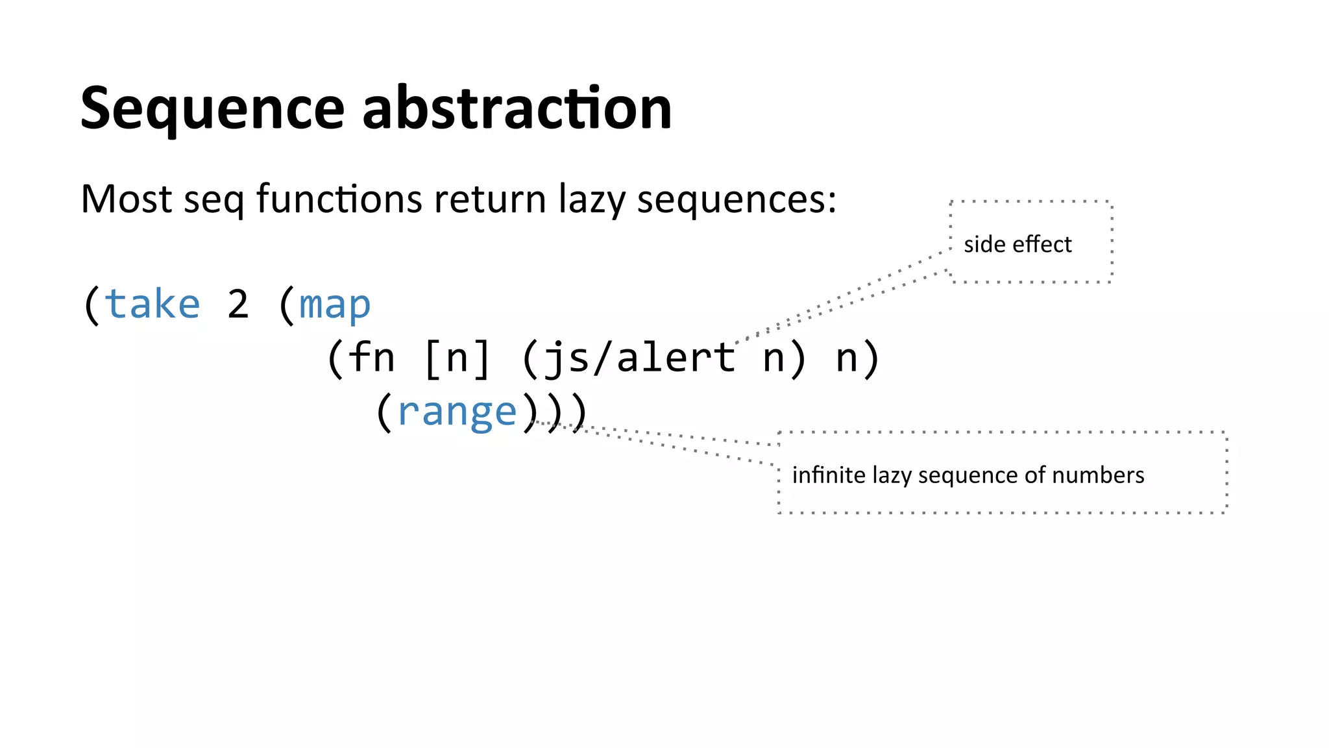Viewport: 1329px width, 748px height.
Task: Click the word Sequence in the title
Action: point(212,108)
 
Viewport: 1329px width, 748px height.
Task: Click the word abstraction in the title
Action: point(517,108)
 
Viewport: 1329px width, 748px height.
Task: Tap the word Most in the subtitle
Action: point(127,199)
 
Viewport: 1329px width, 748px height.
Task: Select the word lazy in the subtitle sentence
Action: point(592,200)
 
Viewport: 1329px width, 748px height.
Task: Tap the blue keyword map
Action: point(335,305)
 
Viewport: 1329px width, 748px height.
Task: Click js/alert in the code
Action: point(640,358)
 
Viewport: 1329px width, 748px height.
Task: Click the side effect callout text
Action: point(1018,244)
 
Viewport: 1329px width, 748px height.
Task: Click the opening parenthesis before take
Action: point(91,305)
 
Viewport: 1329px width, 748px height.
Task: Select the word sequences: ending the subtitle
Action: point(737,200)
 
